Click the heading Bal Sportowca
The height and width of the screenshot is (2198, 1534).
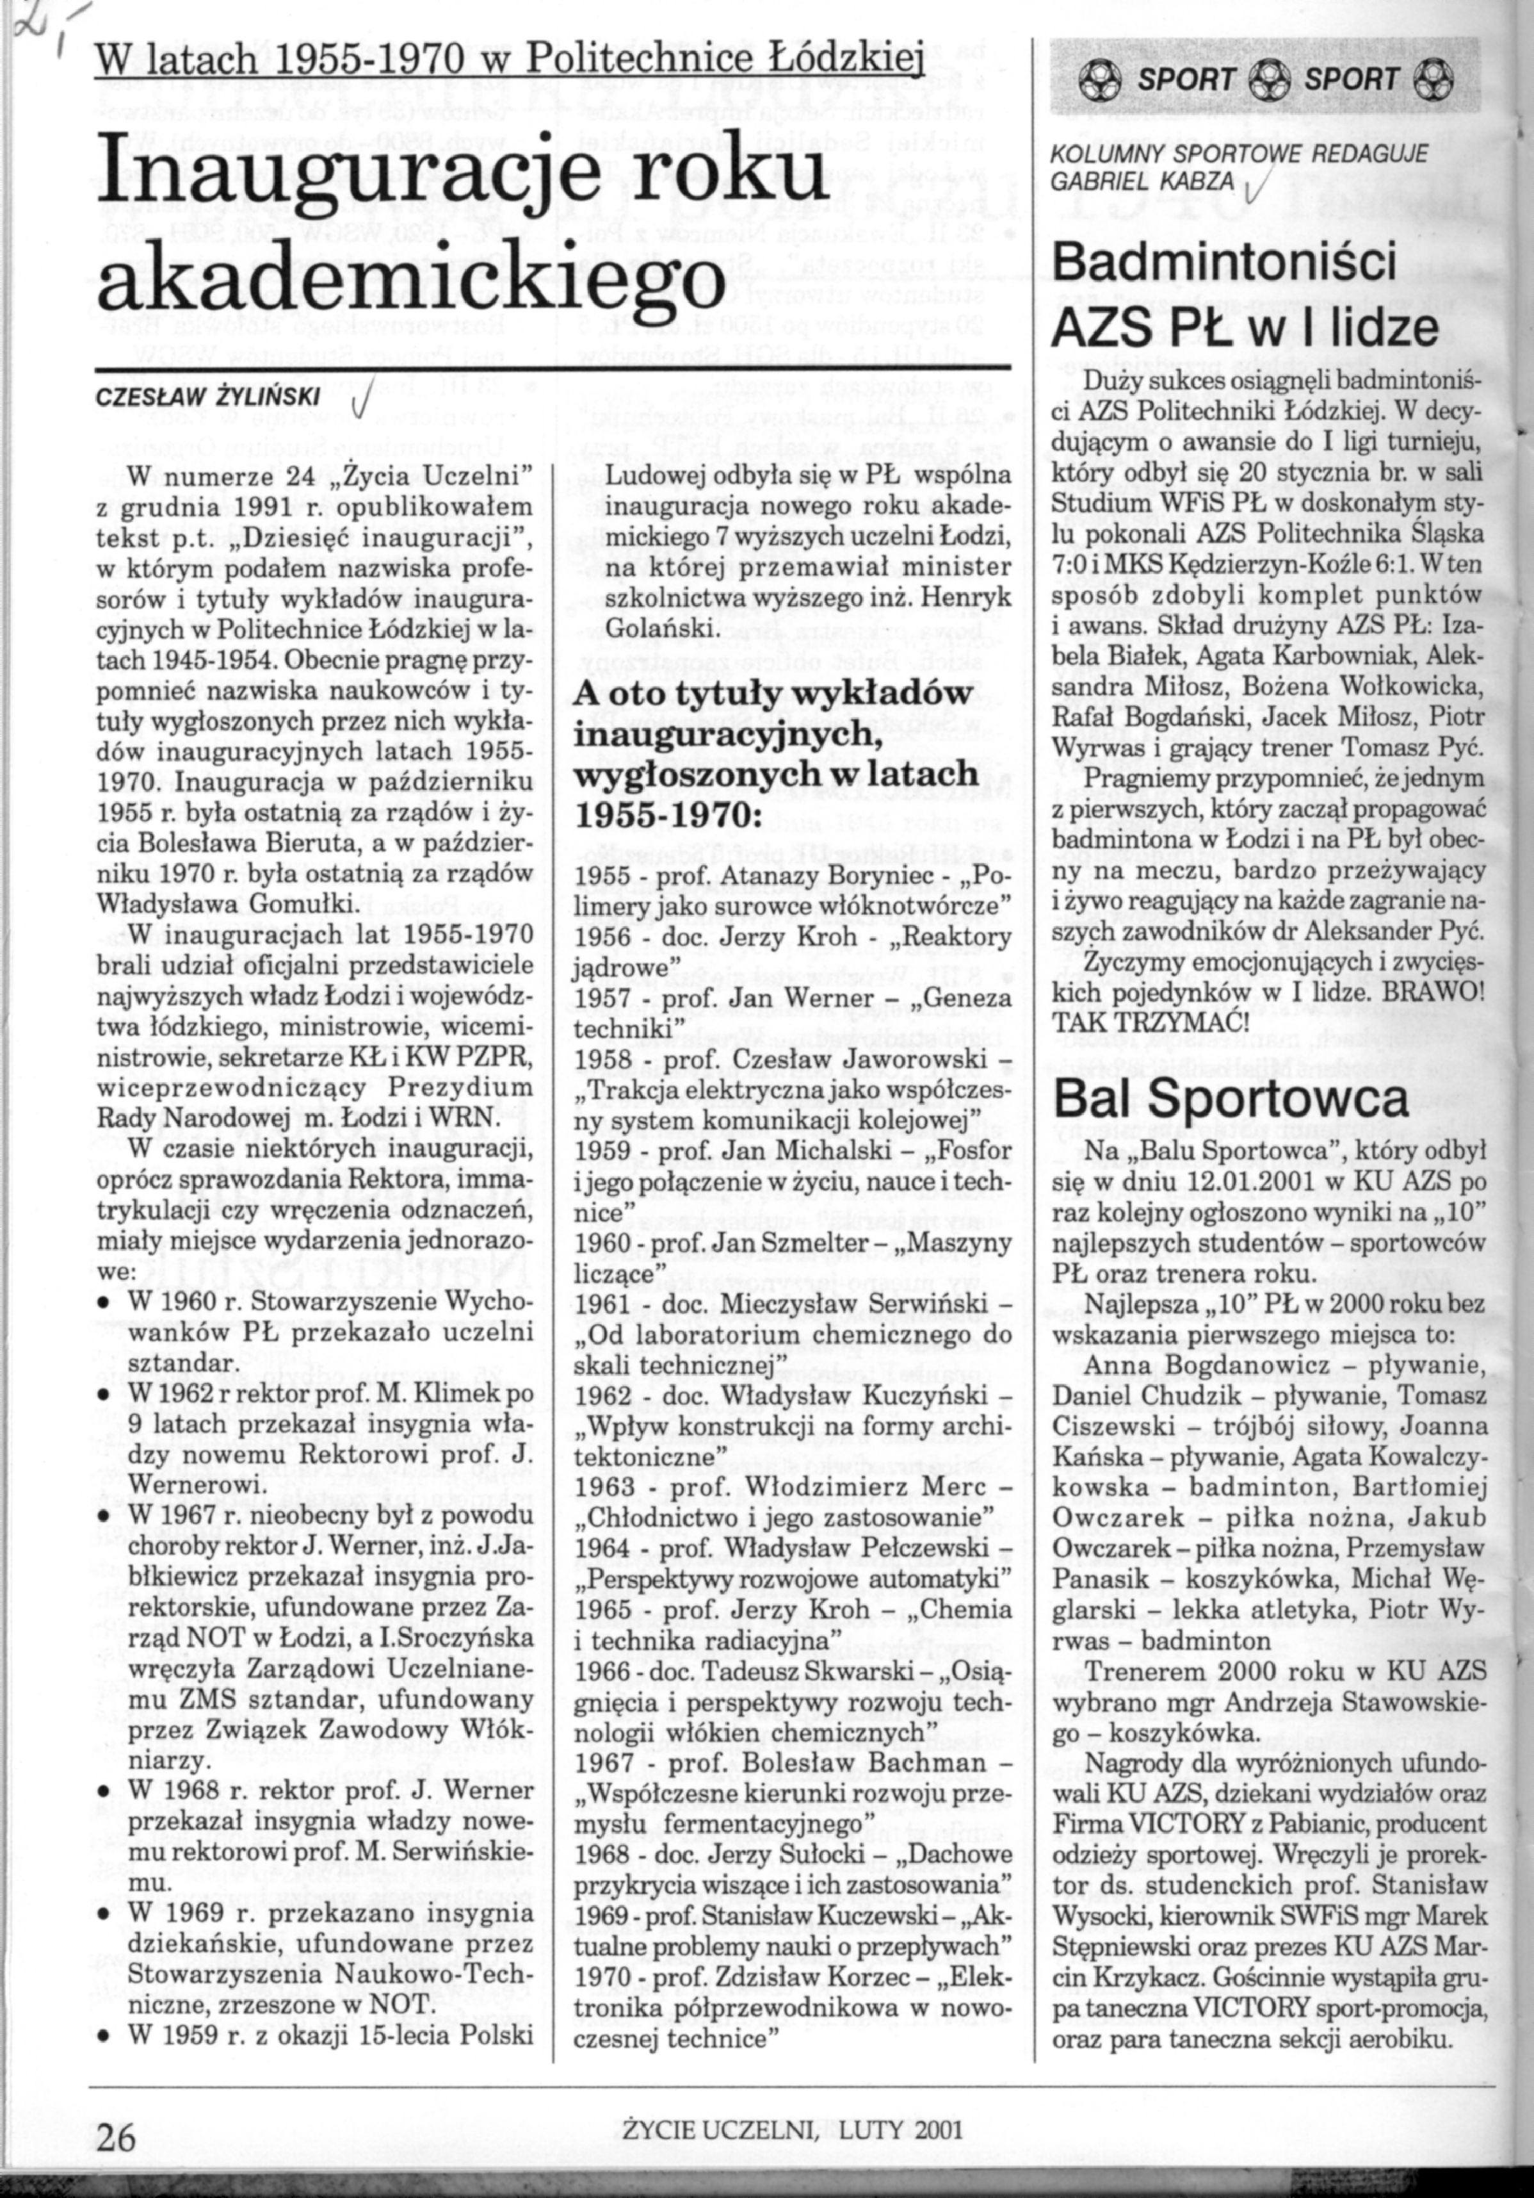click(1231, 1100)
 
